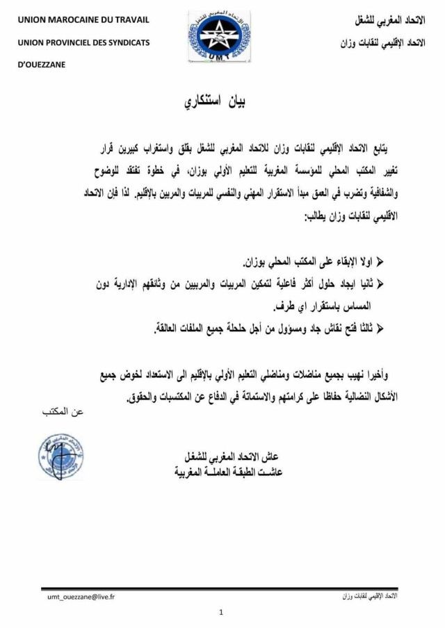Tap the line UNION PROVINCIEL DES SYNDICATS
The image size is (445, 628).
(83, 42)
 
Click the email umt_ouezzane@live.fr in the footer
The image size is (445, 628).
(81, 597)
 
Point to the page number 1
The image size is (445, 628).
(220, 612)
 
